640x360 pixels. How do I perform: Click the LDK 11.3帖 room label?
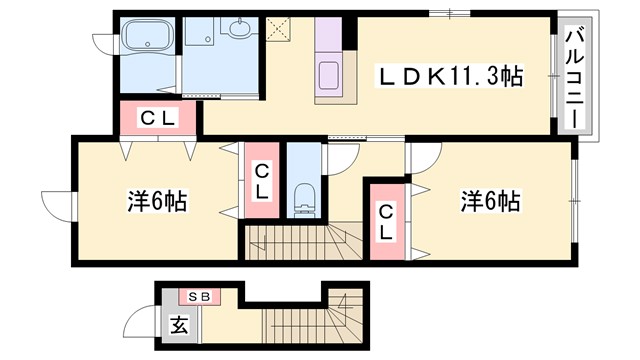pyautogui.click(x=449, y=76)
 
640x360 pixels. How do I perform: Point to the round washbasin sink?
pyautogui.click(x=240, y=28)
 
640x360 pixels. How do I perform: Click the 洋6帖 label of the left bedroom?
pyautogui.click(x=157, y=200)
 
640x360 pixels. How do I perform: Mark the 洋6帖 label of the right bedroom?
pyautogui.click(x=490, y=200)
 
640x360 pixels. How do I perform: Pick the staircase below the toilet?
pyautogui.click(x=300, y=239)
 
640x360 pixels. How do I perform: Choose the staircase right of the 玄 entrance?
pyautogui.click(x=300, y=320)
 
